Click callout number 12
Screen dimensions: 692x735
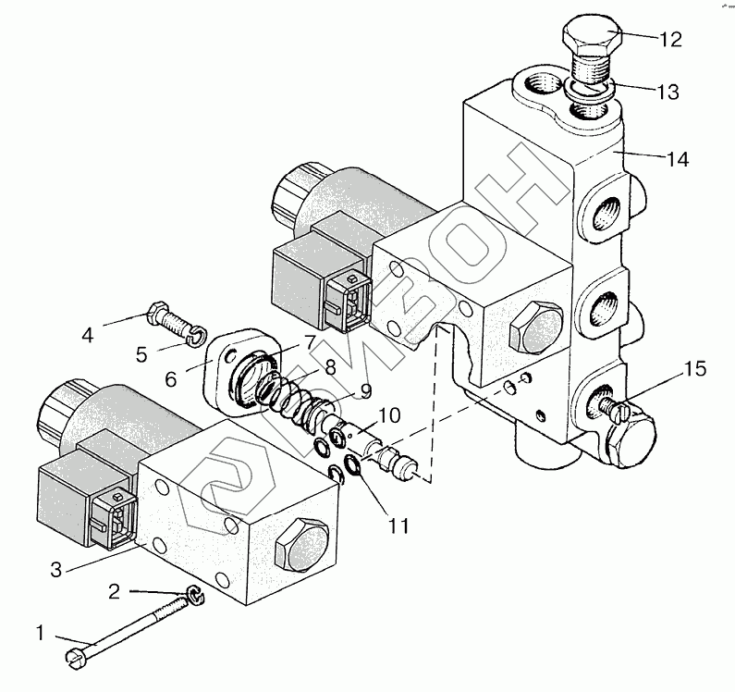pos(669,40)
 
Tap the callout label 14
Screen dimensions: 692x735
pos(676,159)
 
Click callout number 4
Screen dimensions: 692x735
pos(88,334)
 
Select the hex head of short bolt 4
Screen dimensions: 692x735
pos(156,312)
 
